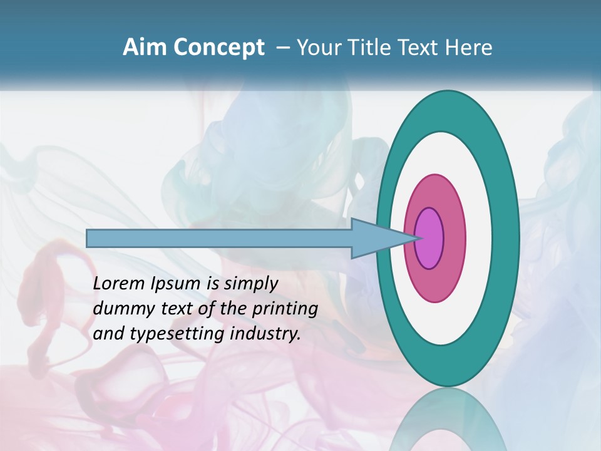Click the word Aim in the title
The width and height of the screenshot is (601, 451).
[144, 48]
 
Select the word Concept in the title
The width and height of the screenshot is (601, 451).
[218, 48]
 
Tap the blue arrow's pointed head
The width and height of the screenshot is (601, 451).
[401, 238]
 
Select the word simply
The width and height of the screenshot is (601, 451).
[250, 284]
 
